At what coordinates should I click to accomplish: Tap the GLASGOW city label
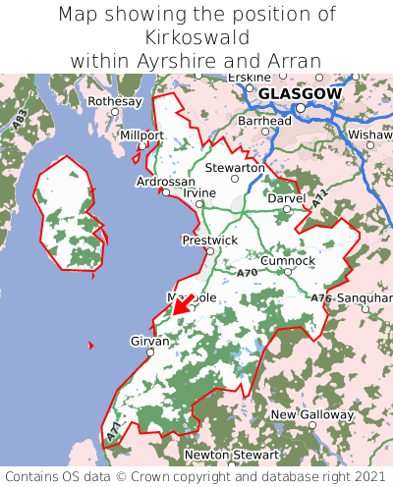[300, 93]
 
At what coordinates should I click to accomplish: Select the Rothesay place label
[115, 101]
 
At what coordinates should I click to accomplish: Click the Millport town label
[141, 135]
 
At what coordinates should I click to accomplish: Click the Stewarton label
[234, 168]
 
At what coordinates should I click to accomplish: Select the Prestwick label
[209, 240]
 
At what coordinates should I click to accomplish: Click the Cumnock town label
[288, 260]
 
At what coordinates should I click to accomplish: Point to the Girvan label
[150, 341]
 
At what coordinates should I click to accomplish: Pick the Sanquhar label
[364, 296]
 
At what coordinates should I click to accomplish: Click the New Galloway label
[311, 415]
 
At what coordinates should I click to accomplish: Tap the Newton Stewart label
[232, 456]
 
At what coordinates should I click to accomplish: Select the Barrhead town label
[264, 121]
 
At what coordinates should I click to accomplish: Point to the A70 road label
[247, 272]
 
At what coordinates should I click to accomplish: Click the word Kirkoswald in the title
[196, 37]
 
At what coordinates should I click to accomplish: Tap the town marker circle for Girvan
[150, 352]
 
